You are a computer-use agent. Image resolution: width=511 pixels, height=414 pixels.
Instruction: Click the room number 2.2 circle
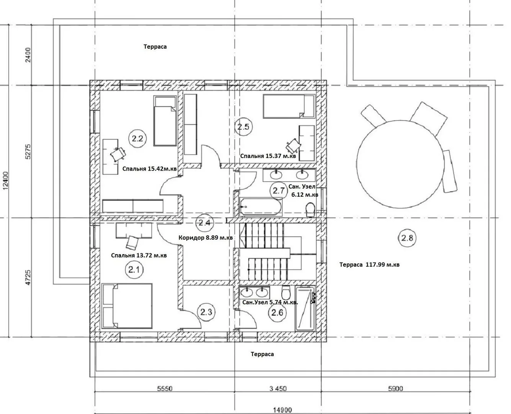pyautogui.click(x=138, y=138)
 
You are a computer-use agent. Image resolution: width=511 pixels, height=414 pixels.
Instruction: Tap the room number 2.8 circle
pyautogui.click(x=407, y=238)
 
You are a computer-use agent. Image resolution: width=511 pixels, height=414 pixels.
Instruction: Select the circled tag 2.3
pyautogui.click(x=206, y=312)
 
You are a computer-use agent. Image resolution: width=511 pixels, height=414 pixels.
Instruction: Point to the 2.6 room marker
pyautogui.click(x=277, y=312)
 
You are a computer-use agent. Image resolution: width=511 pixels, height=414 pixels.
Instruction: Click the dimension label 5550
pyautogui.click(x=165, y=389)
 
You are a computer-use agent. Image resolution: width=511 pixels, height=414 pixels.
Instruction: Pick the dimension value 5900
pyautogui.click(x=396, y=389)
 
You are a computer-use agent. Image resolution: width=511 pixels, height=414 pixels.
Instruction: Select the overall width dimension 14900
pyautogui.click(x=283, y=410)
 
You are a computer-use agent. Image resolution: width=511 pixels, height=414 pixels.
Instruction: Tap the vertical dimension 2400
pyautogui.click(x=28, y=55)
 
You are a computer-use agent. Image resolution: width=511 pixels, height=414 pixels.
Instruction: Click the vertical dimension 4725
pyautogui.click(x=28, y=278)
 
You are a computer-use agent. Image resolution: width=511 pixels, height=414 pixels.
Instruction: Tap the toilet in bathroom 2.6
pyautogui.click(x=286, y=292)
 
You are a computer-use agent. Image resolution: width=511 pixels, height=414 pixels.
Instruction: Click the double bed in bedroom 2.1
pyautogui.click(x=127, y=306)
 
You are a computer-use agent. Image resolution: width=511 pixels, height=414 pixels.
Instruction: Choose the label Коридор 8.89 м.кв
pyautogui.click(x=206, y=238)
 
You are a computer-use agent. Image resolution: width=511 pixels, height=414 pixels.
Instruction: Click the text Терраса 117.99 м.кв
pyautogui.click(x=369, y=265)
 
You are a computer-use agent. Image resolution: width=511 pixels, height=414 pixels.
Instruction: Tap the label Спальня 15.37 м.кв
pyautogui.click(x=268, y=156)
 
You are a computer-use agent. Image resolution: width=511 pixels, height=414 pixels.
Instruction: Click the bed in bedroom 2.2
pyautogui.click(x=165, y=121)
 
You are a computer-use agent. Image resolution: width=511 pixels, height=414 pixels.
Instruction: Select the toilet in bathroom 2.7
pyautogui.click(x=310, y=210)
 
